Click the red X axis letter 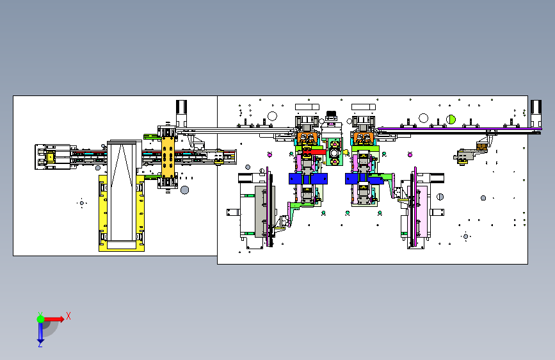(68, 316)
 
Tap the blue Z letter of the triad (40, 344)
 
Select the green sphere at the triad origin (41, 319)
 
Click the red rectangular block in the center (315, 152)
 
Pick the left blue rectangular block (308, 179)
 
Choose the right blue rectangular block (364, 179)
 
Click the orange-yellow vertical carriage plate (168, 157)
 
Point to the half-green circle (451, 119)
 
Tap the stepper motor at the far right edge (536, 113)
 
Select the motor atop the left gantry (181, 113)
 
